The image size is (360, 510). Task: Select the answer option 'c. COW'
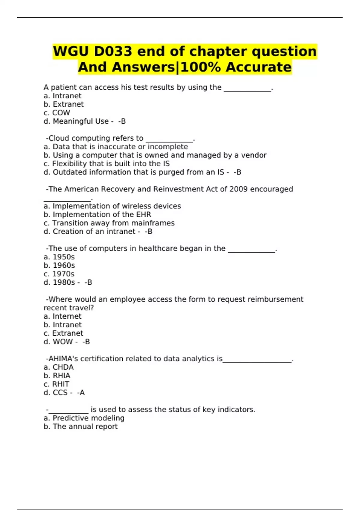(57, 113)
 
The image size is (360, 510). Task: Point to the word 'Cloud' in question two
(59, 138)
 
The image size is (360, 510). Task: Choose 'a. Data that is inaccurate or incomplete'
(115, 147)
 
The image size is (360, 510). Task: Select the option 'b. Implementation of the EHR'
(97, 214)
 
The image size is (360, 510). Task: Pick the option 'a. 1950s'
(59, 257)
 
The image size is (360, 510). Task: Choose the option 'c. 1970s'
(59, 274)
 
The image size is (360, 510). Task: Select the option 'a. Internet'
(62, 316)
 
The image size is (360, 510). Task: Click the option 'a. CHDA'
(58, 367)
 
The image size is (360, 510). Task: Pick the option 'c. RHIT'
(56, 384)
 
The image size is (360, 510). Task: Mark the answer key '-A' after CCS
(81, 393)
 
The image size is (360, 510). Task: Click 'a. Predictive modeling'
(84, 418)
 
